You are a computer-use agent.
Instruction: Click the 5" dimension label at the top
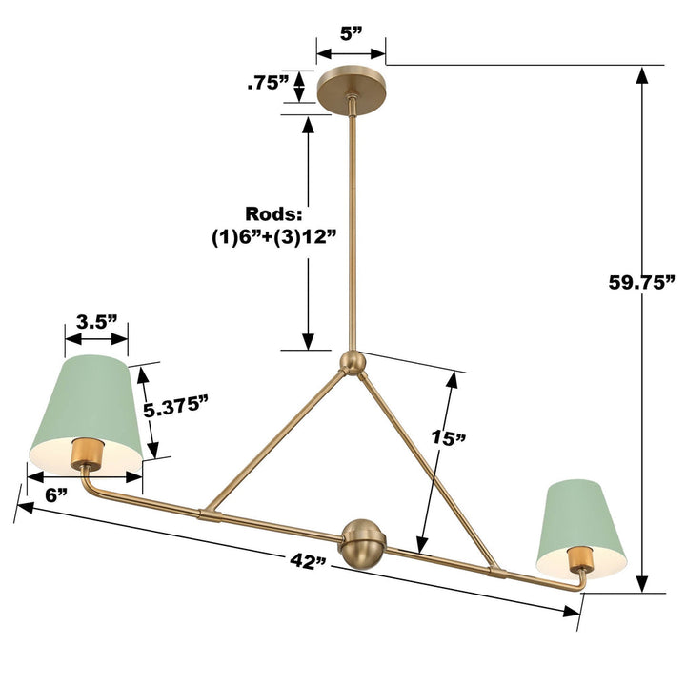pos(352,32)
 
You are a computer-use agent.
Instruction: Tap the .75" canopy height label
pos(268,82)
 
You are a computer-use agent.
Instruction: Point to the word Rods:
pos(273,214)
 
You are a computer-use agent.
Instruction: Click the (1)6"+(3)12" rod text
pos(273,238)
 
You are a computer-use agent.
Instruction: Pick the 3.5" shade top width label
pos(96,322)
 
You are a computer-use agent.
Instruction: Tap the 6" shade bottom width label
pos(56,495)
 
